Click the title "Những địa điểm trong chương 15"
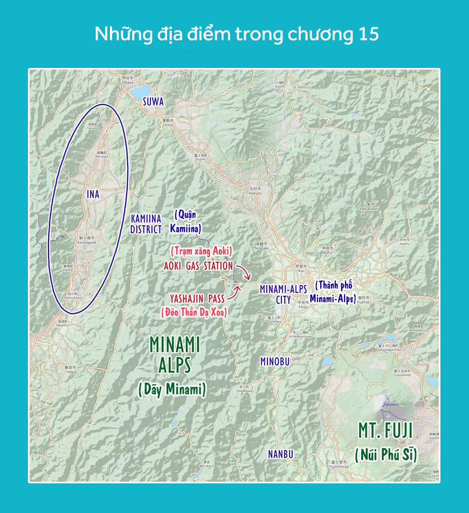[237, 34]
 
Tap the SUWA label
[153, 101]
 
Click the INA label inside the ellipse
[93, 194]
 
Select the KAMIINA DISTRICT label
[146, 224]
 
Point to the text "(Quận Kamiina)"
[187, 221]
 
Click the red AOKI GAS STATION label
[198, 266]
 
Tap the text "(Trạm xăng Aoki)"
[201, 251]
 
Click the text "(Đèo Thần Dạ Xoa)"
[194, 311]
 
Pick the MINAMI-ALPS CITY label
[283, 294]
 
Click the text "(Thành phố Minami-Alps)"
[333, 291]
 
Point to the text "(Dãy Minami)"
[172, 389]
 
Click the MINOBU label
[274, 362]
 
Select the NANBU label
[281, 454]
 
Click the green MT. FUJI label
[385, 431]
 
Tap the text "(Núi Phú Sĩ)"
[386, 454]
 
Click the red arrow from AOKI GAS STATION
[243, 273]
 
